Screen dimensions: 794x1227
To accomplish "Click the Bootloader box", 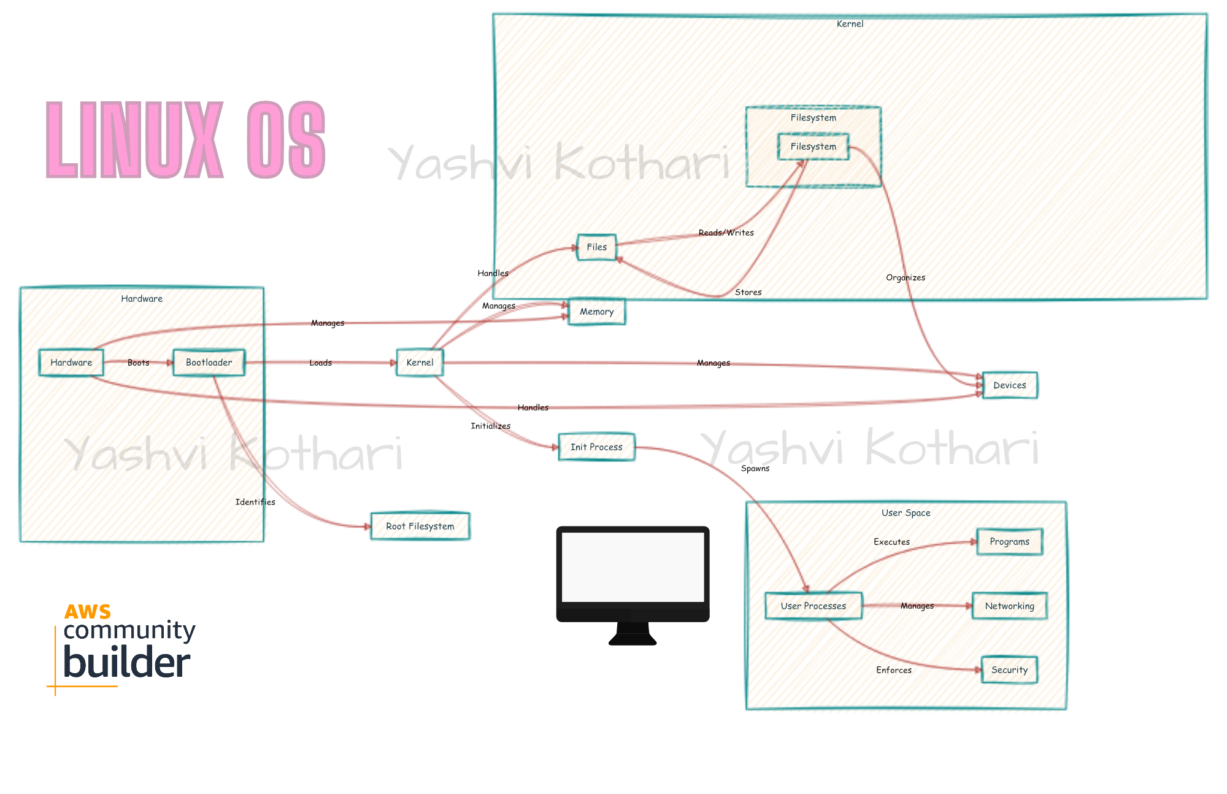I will (209, 363).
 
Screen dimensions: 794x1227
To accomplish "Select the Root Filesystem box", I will (420, 526).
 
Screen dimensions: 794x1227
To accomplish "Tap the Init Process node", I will (596, 447).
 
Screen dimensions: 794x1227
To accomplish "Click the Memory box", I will (596, 312).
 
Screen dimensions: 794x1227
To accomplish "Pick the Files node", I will (596, 247).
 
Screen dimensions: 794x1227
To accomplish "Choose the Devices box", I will (1009, 385).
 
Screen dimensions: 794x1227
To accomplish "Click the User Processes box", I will (813, 606).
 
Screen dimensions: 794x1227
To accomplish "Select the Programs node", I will (1009, 542).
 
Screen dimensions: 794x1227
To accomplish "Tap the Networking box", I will (1009, 606).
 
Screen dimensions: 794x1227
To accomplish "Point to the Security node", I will (1009, 670).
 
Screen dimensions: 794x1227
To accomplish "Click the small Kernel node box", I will (420, 363).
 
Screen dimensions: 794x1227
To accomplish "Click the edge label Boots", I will (139, 363).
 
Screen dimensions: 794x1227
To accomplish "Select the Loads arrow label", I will (320, 363).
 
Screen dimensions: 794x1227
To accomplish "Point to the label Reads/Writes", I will (726, 233).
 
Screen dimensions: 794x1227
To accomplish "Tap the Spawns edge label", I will (755, 468).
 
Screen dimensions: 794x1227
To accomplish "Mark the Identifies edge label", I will (255, 502).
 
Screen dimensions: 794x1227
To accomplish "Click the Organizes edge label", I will (905, 277).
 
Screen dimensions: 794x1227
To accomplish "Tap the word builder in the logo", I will (127, 663).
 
